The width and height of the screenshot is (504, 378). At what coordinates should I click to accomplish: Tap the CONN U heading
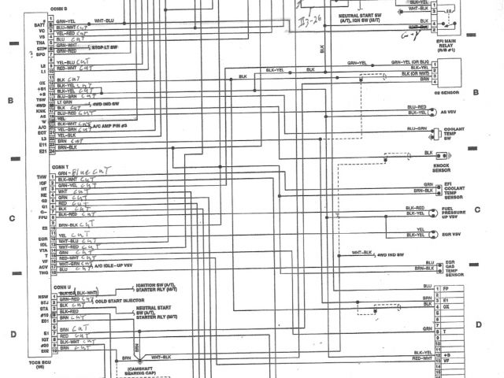(61, 287)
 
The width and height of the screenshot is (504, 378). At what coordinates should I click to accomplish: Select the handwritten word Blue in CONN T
(80, 172)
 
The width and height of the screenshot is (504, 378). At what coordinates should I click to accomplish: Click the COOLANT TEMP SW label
(457, 135)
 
